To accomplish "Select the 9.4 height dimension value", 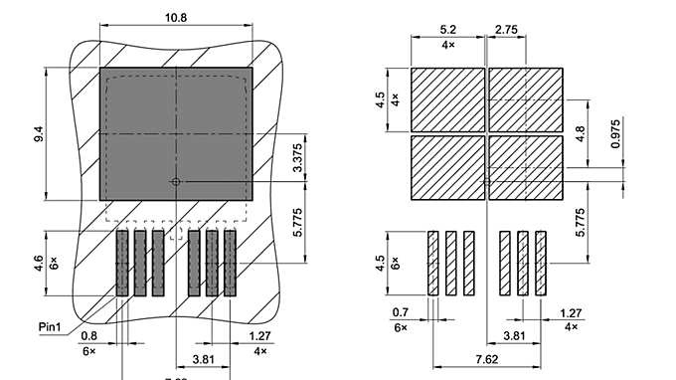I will [x=39, y=134].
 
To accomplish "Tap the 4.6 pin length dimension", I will [x=39, y=263].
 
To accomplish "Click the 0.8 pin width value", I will [x=89, y=336].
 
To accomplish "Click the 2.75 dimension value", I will [x=506, y=31].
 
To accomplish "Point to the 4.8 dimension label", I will [x=583, y=129].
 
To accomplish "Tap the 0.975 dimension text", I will [x=616, y=133].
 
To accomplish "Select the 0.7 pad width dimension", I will [x=400, y=312].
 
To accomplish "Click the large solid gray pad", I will [x=176, y=131].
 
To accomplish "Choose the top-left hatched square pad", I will [x=447, y=98].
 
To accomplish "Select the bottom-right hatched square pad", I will [x=525, y=165].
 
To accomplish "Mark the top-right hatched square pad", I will [x=525, y=98].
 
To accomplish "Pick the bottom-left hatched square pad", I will [x=447, y=165].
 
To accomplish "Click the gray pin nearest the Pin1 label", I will [x=122, y=263].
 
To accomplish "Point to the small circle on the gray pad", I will [x=175, y=182].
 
